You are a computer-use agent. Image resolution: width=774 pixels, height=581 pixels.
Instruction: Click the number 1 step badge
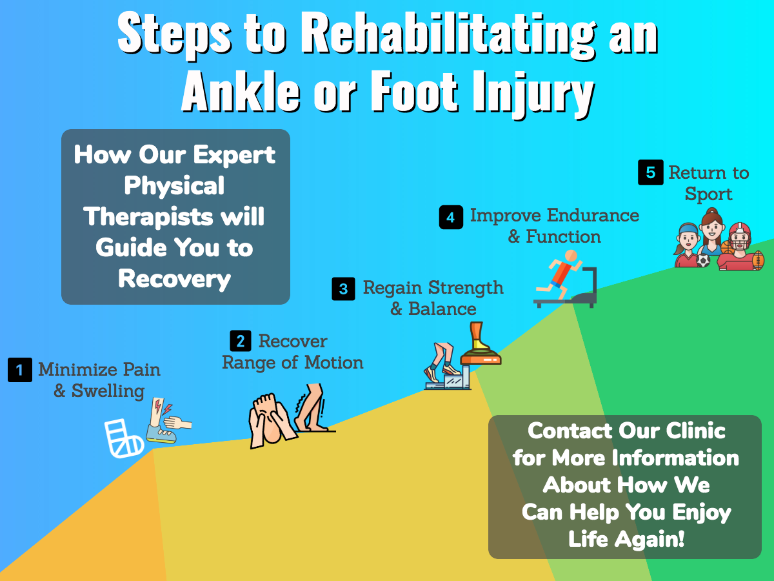20,370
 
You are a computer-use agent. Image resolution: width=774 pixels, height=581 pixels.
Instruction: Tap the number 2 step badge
241,341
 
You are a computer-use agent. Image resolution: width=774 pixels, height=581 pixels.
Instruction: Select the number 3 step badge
343,289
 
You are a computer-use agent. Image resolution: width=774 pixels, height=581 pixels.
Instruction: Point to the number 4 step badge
451,218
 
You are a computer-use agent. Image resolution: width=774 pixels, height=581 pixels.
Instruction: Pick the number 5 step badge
651,172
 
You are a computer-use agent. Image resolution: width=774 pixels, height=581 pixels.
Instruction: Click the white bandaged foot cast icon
124,438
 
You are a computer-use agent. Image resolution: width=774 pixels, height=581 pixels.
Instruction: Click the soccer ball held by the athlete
703,261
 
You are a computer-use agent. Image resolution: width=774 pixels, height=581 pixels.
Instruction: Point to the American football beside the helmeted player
758,260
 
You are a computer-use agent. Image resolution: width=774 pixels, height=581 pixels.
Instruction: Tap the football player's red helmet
739,234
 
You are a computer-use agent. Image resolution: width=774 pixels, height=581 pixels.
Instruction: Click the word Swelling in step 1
108,391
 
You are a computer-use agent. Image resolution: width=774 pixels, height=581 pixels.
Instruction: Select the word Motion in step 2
333,362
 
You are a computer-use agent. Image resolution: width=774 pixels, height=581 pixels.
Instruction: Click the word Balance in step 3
442,309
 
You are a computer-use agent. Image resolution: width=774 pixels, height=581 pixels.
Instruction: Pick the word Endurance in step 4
593,215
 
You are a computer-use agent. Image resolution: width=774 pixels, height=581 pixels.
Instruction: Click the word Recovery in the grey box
175,279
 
